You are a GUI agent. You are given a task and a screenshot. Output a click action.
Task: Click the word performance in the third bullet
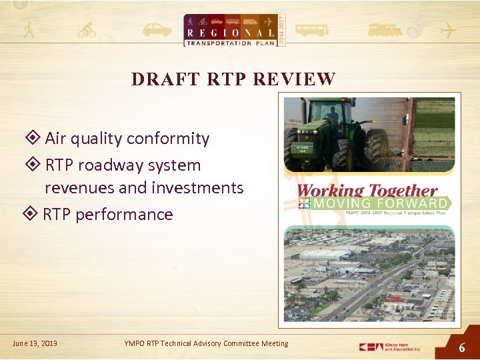124,214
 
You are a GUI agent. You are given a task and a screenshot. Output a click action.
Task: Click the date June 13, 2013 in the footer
35,343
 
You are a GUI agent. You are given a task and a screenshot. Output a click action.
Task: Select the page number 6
461,348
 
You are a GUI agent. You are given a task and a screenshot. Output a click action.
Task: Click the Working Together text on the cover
367,191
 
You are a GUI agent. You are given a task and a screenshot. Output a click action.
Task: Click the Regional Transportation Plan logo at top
229,30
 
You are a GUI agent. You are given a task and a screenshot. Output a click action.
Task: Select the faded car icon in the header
157,30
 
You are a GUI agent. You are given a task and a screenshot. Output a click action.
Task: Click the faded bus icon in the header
311,30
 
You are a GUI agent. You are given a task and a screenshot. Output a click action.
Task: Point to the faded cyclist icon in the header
87,30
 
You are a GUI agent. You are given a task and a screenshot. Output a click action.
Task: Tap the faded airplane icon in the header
447,30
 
